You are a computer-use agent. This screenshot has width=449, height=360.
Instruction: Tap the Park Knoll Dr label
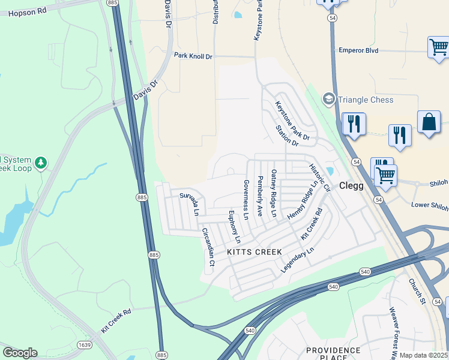(193, 56)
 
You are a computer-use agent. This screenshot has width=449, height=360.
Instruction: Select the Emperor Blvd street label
(358, 50)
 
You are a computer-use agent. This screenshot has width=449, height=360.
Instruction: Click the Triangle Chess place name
(366, 100)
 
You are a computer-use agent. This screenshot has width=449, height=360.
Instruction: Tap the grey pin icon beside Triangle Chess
(328, 99)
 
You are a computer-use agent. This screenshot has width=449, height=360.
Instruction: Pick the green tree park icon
(40, 163)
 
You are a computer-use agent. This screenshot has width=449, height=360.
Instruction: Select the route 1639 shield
(85, 344)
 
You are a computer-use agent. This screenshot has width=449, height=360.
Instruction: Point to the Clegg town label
(351, 186)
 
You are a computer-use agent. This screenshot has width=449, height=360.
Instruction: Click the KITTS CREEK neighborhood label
(254, 253)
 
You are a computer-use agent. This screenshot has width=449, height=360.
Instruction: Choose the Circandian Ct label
(208, 247)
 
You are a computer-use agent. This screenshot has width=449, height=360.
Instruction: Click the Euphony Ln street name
(234, 226)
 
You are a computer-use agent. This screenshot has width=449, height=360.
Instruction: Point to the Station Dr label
(287, 136)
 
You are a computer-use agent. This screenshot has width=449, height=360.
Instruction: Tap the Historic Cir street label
(319, 177)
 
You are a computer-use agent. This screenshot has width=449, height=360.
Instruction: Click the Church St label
(417, 290)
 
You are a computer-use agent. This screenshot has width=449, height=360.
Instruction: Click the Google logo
(20, 353)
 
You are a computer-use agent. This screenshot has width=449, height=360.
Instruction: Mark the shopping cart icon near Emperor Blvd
(438, 47)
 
